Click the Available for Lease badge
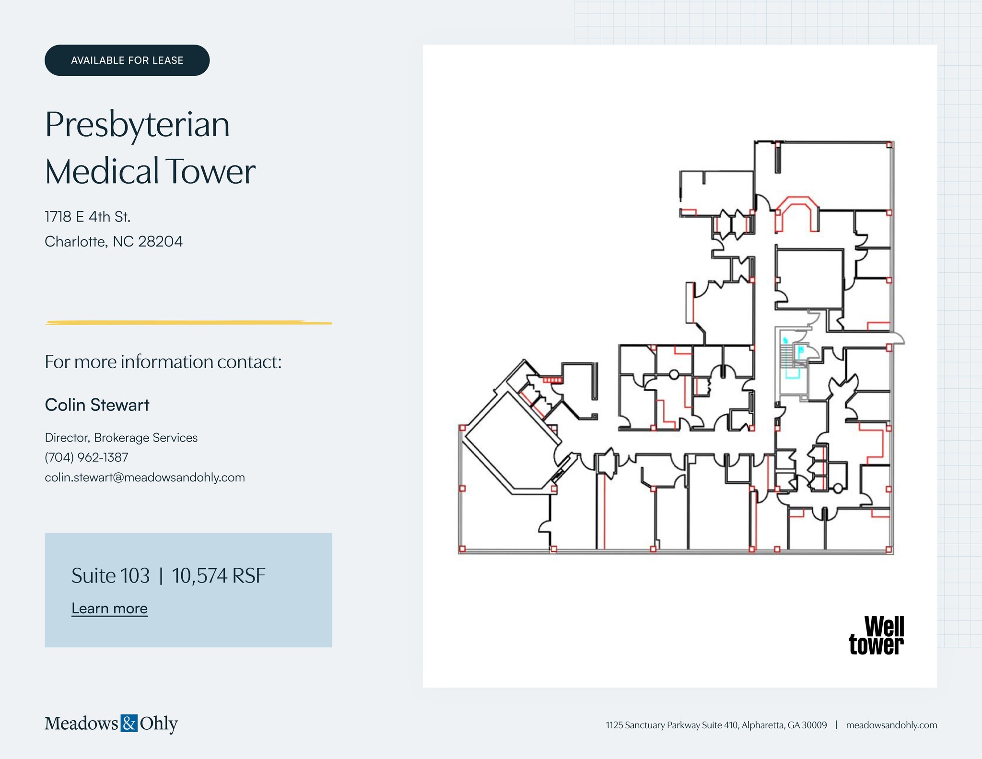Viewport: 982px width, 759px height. click(127, 60)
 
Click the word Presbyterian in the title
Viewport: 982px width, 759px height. click(138, 125)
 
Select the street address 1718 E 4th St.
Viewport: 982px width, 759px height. click(88, 217)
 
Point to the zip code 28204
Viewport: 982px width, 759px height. click(160, 241)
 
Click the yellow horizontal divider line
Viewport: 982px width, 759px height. click(188, 323)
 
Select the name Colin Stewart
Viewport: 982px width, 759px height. click(97, 405)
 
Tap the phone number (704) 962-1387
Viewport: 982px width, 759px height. click(86, 457)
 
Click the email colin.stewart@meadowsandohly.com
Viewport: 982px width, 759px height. click(145, 477)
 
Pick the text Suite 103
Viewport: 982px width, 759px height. click(111, 575)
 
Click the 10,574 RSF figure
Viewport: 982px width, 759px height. click(218, 575)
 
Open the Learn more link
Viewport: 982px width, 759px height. click(109, 608)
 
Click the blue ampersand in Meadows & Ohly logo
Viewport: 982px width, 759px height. click(129, 723)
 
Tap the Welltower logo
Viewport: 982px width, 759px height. click(877, 635)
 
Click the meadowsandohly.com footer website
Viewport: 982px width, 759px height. click(891, 725)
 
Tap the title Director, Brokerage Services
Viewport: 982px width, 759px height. click(121, 437)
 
